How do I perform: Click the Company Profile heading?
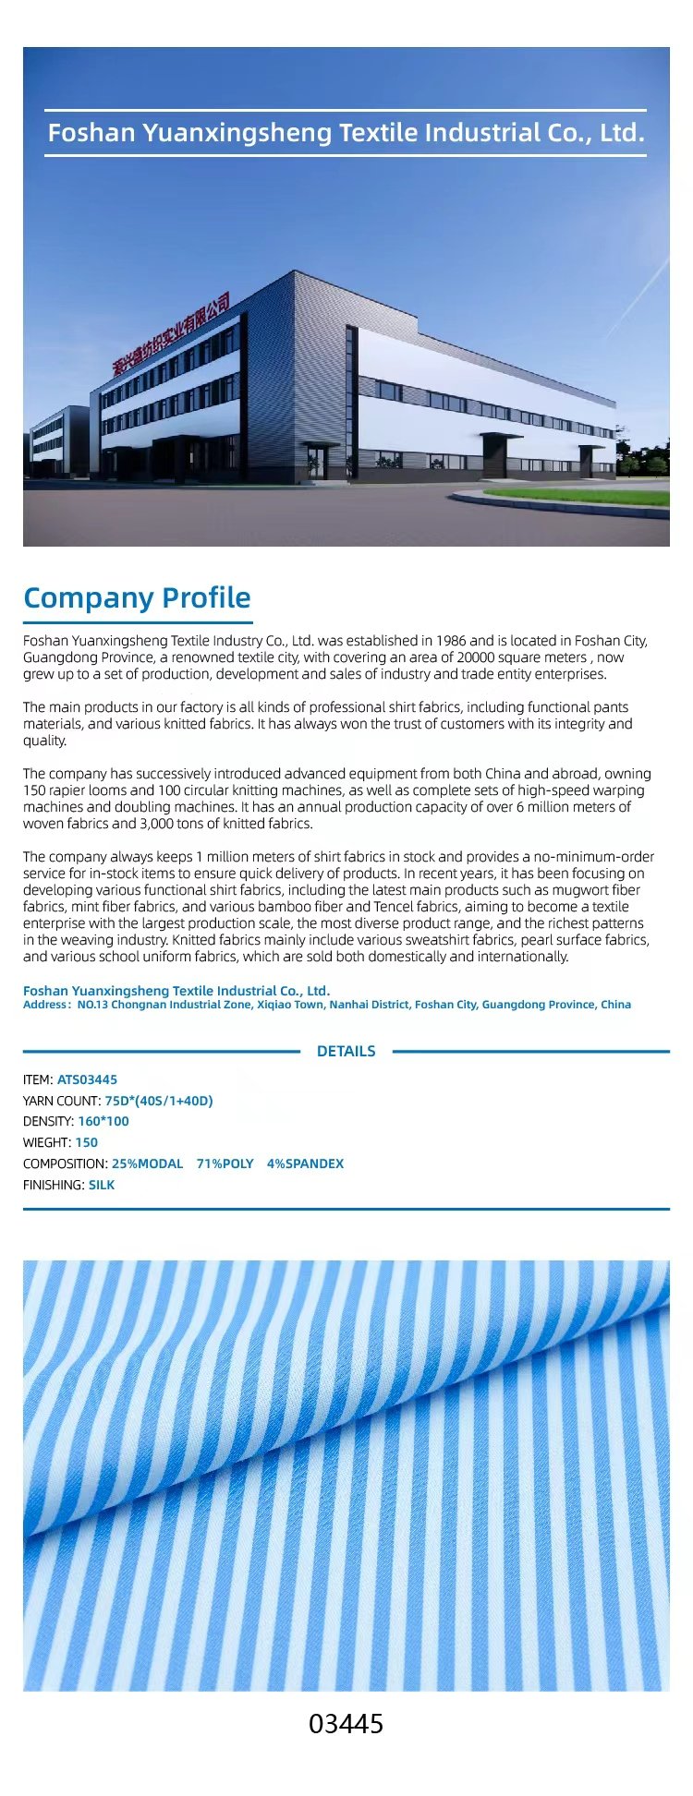(x=137, y=597)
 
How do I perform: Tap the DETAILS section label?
(x=346, y=1051)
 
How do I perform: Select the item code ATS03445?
(x=87, y=1079)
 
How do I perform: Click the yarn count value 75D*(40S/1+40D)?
(x=159, y=1101)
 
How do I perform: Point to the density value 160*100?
(x=103, y=1121)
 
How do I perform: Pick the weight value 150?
(x=86, y=1142)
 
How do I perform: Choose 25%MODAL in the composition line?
(x=147, y=1163)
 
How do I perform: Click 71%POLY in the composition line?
(x=225, y=1163)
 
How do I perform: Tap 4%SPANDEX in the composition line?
(x=305, y=1163)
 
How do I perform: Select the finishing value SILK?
(x=102, y=1185)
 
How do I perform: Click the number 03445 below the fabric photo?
(x=346, y=1724)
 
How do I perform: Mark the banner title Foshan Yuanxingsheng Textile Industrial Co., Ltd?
(x=346, y=133)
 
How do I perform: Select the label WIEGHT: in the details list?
(x=47, y=1142)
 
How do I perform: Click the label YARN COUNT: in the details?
(x=62, y=1101)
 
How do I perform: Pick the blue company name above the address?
(x=176, y=991)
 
